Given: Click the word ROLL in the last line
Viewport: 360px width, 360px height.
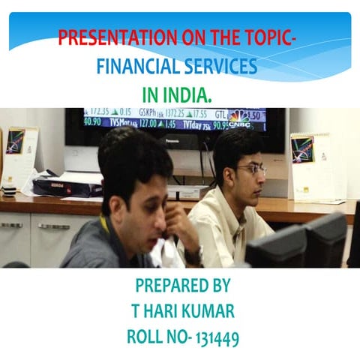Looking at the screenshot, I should point(148,337).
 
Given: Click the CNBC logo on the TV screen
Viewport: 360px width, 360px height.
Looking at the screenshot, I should point(238,118).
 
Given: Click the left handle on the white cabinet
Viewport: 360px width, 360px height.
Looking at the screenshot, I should point(10,224).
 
